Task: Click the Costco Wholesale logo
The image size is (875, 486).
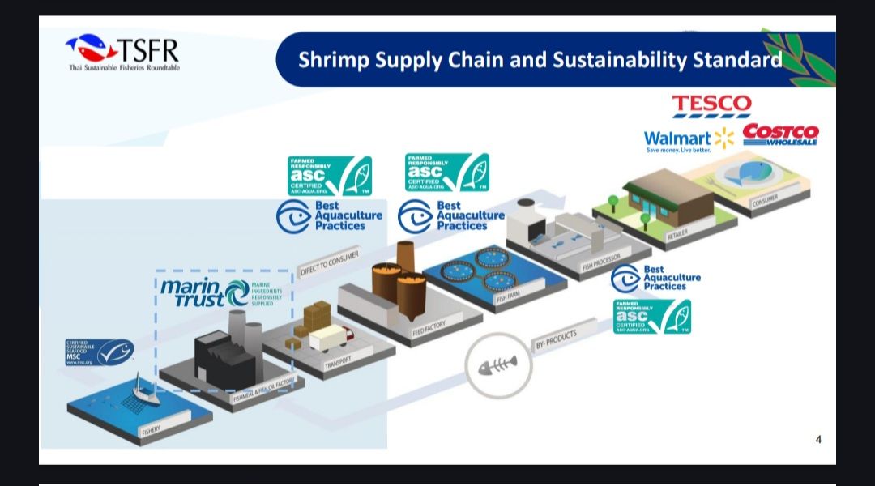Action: coord(780,134)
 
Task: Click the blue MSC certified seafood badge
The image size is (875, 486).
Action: coord(99,352)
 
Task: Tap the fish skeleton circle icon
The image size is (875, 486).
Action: coord(498,367)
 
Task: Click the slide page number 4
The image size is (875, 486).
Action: coord(818,440)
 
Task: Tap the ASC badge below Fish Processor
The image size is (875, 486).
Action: coord(652,317)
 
